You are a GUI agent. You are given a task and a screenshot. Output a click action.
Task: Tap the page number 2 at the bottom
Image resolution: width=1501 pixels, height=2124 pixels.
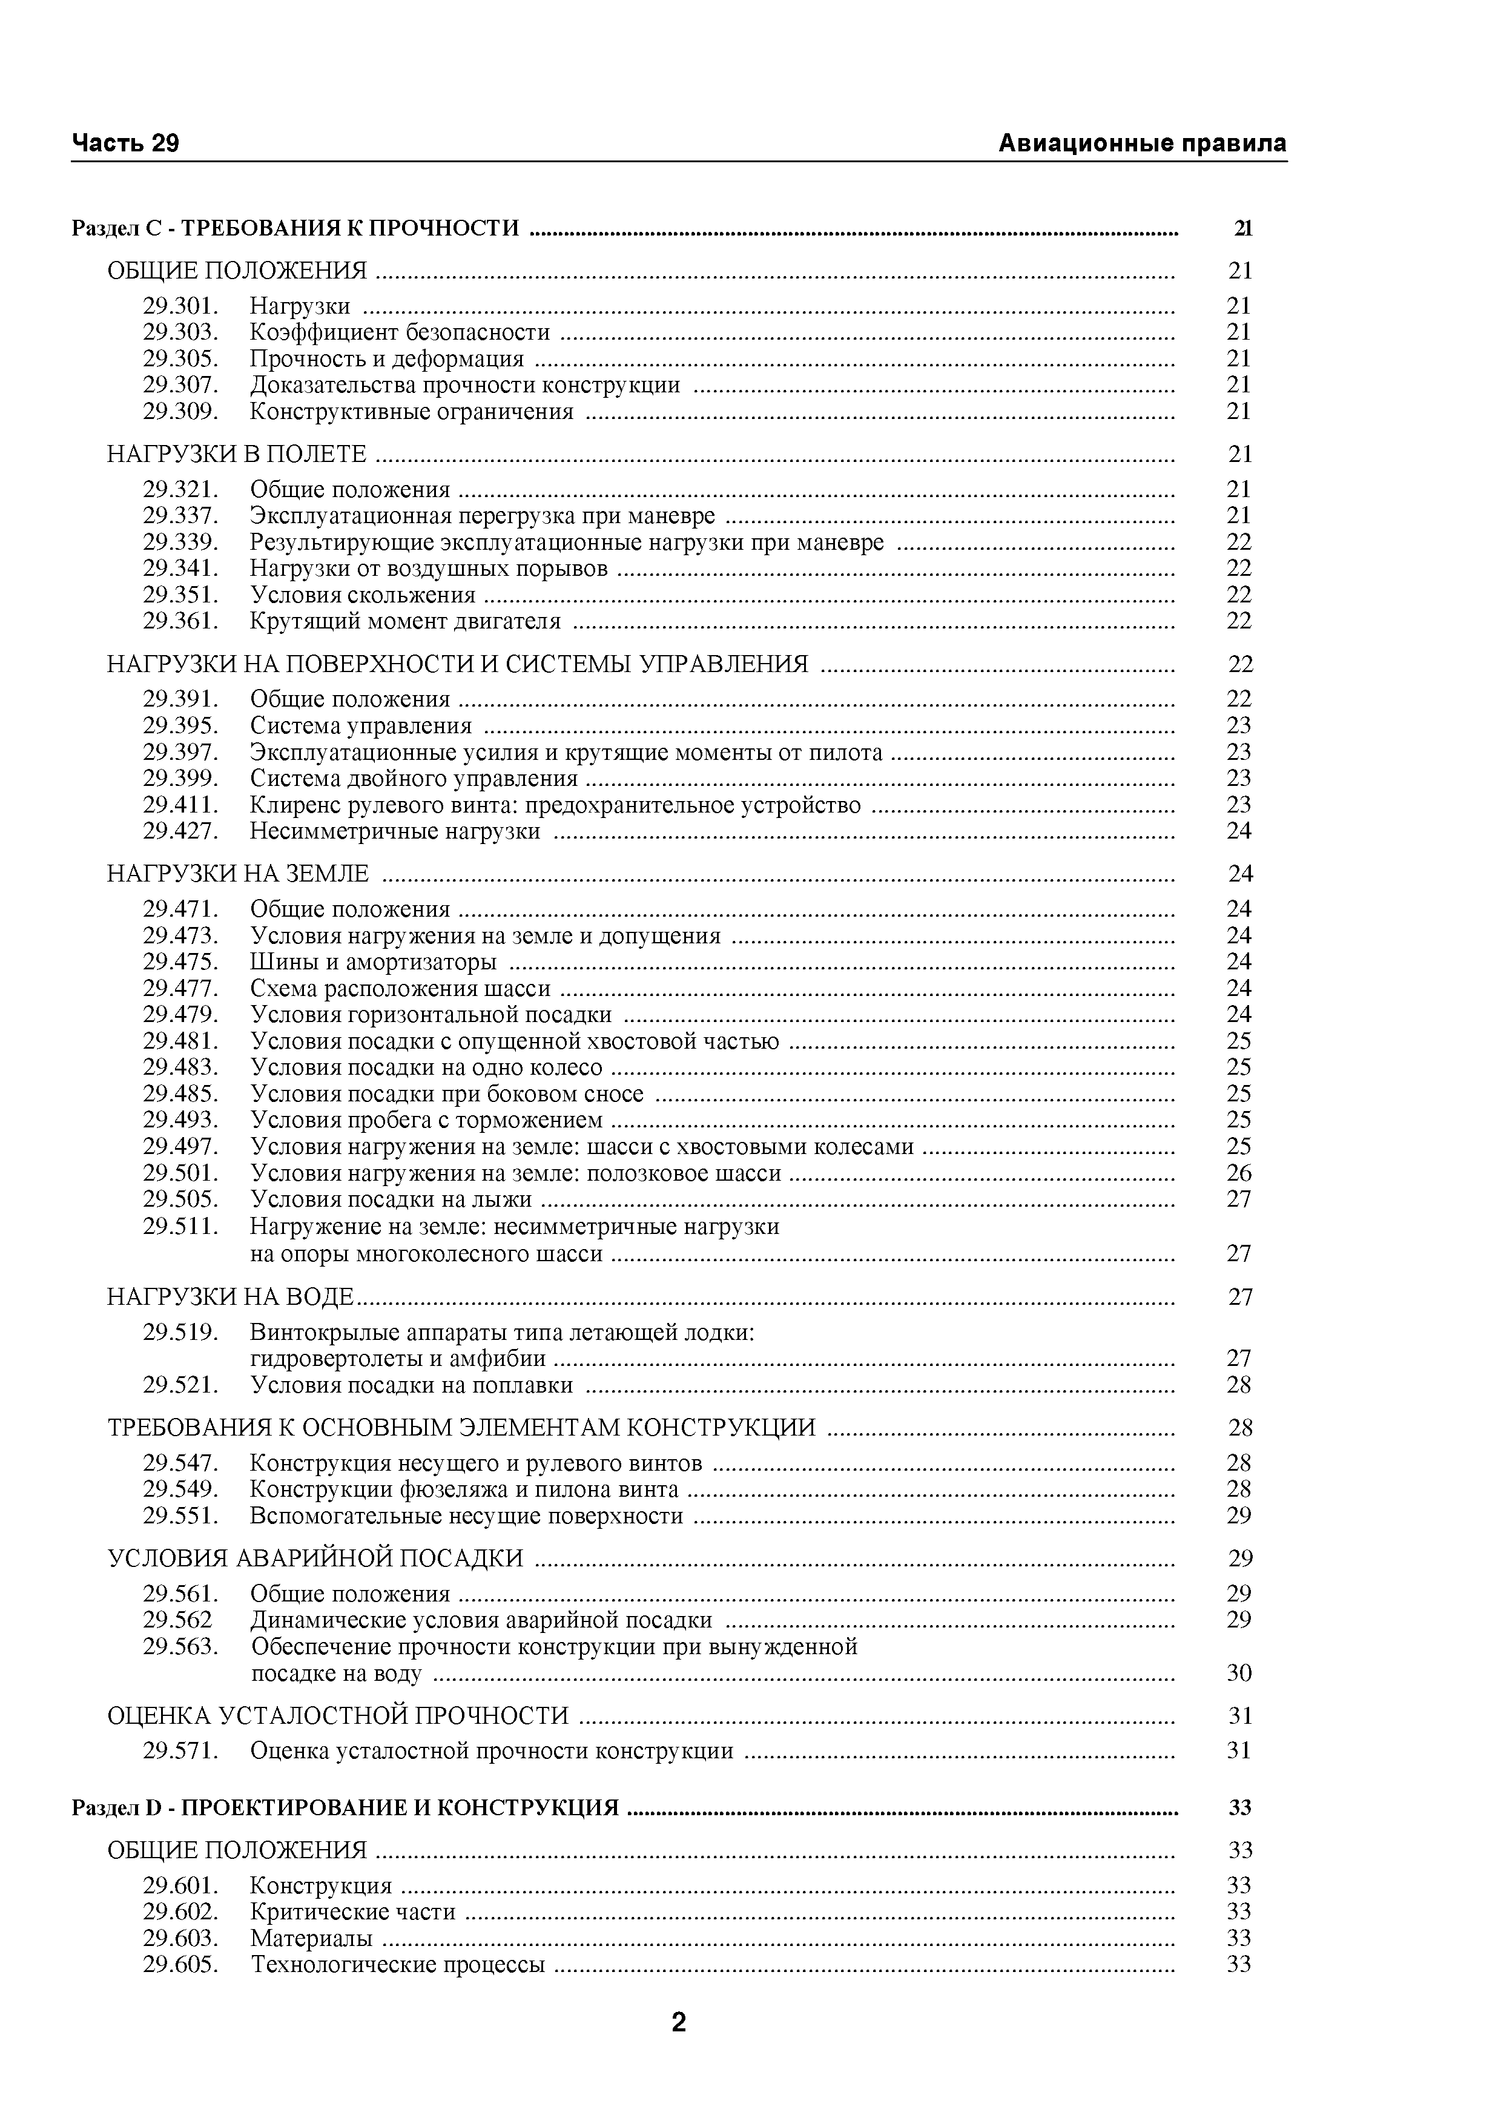tap(678, 2022)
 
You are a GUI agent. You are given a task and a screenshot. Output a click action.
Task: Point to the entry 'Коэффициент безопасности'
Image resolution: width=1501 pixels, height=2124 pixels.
tap(400, 332)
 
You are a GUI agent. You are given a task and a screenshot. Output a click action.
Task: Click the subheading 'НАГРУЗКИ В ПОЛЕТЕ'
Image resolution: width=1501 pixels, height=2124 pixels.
tap(237, 454)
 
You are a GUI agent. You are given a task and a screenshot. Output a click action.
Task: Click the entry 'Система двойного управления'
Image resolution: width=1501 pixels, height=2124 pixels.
tap(414, 779)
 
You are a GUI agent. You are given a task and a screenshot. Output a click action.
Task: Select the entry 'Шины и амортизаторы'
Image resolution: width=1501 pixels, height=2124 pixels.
tap(373, 962)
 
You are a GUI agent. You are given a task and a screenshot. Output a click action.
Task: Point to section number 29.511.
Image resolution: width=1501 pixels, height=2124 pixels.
tap(180, 1227)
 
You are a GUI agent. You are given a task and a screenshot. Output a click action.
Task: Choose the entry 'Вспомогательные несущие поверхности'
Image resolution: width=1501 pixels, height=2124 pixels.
tap(466, 1516)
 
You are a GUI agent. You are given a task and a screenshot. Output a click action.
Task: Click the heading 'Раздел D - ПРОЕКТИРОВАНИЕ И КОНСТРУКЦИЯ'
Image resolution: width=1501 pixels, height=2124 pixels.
tap(345, 1807)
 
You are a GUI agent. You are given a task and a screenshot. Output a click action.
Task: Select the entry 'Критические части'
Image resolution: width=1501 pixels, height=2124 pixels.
tap(352, 1912)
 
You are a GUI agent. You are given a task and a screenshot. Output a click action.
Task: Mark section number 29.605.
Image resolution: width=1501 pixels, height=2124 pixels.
tap(180, 1965)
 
